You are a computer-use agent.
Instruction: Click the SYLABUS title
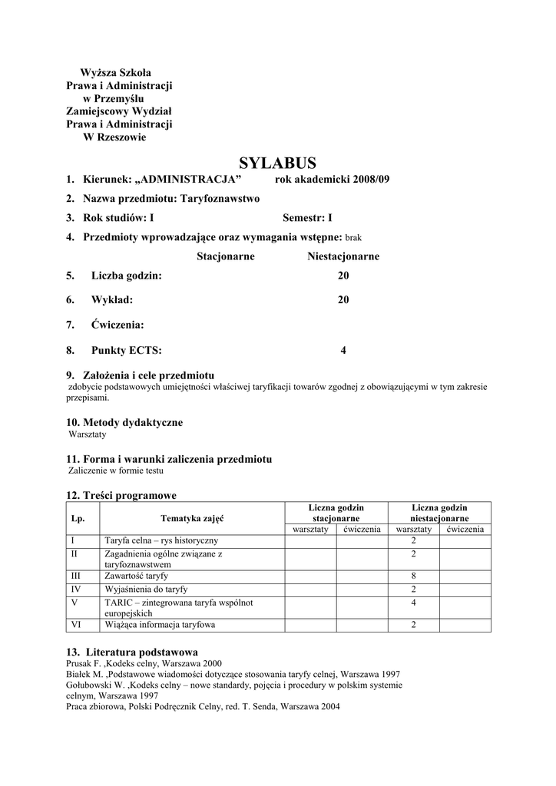pyautogui.click(x=277, y=163)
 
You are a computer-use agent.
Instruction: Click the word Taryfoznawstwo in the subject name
pyautogui.click(x=220, y=198)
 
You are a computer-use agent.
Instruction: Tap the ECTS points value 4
pyautogui.click(x=343, y=351)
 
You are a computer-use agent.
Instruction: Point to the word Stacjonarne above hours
pyautogui.click(x=225, y=256)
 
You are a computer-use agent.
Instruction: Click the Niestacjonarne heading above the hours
pyautogui.click(x=343, y=256)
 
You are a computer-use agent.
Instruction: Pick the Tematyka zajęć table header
pyautogui.click(x=192, y=518)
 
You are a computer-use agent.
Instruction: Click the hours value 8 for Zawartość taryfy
pyautogui.click(x=413, y=576)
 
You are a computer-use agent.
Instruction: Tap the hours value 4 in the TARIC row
pyautogui.click(x=413, y=603)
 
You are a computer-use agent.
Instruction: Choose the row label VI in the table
pyautogui.click(x=75, y=625)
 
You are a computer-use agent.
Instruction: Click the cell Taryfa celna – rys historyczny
pyautogui.click(x=161, y=541)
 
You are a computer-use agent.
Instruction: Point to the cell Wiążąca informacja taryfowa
pyautogui.click(x=160, y=625)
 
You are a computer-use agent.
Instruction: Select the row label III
pyautogui.click(x=75, y=576)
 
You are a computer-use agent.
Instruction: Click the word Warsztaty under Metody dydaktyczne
pyautogui.click(x=88, y=434)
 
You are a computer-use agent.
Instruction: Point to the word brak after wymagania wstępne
pyautogui.click(x=353, y=238)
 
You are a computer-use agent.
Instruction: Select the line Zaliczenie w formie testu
pyautogui.click(x=116, y=471)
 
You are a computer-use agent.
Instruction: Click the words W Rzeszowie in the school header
pyautogui.click(x=114, y=138)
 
